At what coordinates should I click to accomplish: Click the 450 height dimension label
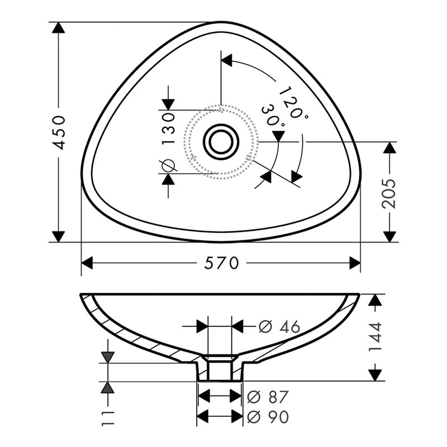[60, 133]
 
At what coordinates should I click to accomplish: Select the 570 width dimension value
[221, 263]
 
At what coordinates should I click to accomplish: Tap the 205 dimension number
[389, 194]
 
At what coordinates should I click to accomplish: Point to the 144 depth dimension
[375, 337]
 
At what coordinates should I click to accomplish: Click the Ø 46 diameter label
[279, 327]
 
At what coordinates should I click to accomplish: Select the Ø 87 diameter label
[268, 397]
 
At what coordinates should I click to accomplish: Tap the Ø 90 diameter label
[268, 417]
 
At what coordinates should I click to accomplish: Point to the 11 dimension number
[108, 418]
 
